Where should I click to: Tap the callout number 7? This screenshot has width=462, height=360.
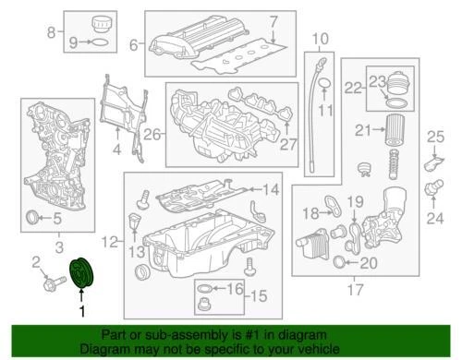[x=273, y=20]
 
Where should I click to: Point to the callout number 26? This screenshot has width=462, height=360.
[x=134, y=43]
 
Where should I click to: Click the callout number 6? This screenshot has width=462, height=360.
[x=134, y=43]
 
